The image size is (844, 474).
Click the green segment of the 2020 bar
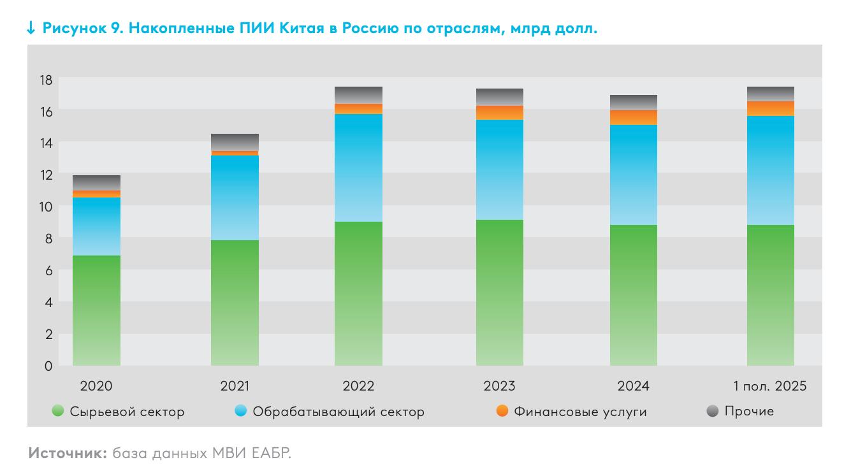[x=96, y=310]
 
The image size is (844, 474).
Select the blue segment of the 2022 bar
[x=358, y=168]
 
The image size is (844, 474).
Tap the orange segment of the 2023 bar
[x=499, y=113]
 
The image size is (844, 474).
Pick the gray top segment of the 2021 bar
[x=235, y=142]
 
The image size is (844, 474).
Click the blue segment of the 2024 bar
[x=633, y=175]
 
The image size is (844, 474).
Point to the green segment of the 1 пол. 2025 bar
[x=770, y=295]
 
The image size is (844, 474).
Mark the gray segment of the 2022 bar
[x=358, y=95]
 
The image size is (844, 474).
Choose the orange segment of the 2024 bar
[x=633, y=117]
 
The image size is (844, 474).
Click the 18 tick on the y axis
[x=45, y=80]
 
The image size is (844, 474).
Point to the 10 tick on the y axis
[x=45, y=206]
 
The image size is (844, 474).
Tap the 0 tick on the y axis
[x=48, y=366]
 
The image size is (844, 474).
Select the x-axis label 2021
[x=235, y=386]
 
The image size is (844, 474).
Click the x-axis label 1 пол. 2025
[x=770, y=386]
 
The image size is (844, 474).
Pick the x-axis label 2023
[x=499, y=386]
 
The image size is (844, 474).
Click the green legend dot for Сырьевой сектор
[x=58, y=412]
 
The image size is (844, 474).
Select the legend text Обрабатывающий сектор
[x=338, y=412]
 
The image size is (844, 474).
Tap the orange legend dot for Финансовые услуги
[x=502, y=412]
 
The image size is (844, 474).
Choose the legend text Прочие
[x=749, y=412]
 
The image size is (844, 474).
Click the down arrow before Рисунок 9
[x=31, y=29]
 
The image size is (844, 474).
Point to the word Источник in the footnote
[x=67, y=454]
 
